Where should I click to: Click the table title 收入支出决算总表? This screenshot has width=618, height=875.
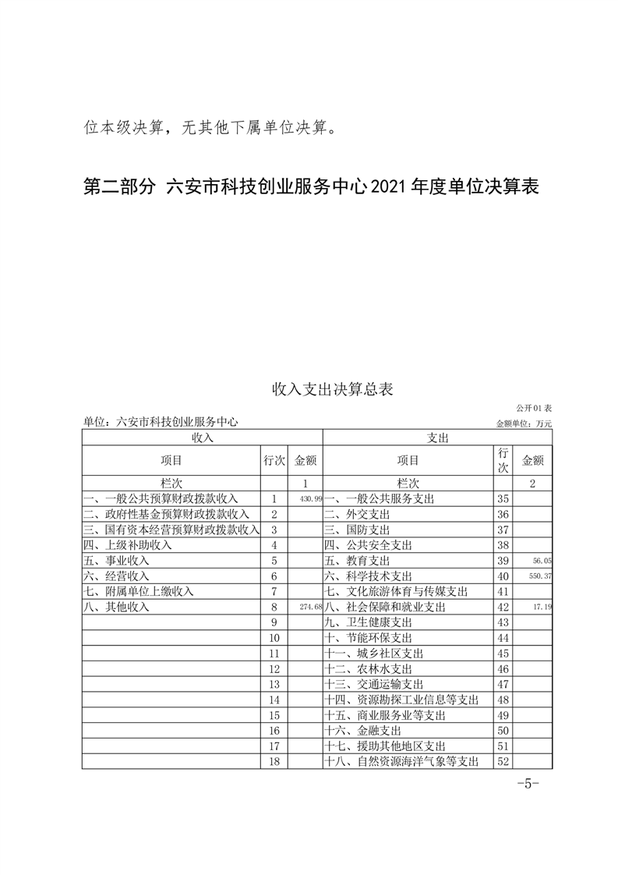tap(332, 388)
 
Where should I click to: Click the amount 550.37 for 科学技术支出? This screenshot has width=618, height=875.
tap(539, 576)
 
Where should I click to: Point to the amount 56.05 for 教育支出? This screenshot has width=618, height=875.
tap(542, 560)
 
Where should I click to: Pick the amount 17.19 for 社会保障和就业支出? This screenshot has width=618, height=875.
tap(541, 607)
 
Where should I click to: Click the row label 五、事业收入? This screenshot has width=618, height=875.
tap(117, 560)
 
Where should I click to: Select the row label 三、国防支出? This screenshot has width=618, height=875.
tap(358, 530)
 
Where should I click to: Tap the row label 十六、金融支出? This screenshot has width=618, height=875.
tap(363, 731)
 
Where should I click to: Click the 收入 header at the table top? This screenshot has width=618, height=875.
tap(202, 437)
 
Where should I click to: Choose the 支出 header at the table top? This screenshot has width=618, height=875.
tap(438, 437)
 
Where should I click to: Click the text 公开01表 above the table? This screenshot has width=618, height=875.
tap(534, 408)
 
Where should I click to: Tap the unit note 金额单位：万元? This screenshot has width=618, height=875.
tap(524, 423)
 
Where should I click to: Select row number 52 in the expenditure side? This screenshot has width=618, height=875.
tap(503, 762)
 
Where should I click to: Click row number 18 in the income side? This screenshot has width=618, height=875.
tap(274, 762)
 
